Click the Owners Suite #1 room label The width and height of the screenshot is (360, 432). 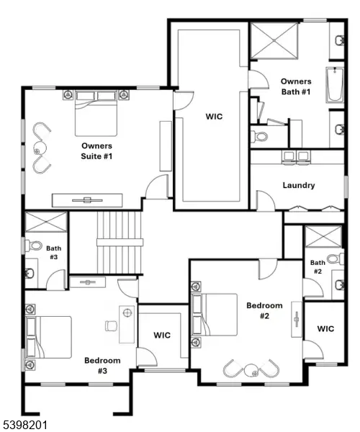coord(97,150)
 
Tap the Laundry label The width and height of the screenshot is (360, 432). coord(298,185)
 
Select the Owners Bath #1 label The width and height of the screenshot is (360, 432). coord(296,86)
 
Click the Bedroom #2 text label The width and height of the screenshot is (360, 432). coord(264,310)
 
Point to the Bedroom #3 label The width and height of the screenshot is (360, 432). coord(102,365)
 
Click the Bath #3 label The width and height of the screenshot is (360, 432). coord(53,251)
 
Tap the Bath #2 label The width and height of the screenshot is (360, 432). coord(318,267)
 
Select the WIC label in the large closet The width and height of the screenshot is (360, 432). coord(214,117)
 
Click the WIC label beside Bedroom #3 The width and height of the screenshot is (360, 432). coord(162,335)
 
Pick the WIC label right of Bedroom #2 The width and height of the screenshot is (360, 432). coord(325,329)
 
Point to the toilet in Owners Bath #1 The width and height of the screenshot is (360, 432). coord(260,135)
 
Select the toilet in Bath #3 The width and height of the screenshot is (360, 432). coord(34,246)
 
